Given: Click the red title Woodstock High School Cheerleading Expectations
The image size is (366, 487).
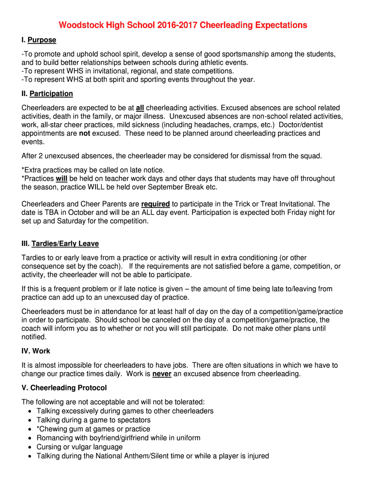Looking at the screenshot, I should tap(183, 25).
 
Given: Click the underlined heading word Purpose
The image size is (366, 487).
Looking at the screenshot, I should tap(42, 40).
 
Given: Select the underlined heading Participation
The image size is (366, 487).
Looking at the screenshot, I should tap(51, 94).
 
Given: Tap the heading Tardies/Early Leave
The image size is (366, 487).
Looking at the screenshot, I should tap(65, 243).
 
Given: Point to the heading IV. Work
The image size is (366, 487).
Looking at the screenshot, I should tap(36, 351).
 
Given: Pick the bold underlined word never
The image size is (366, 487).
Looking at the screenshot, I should tap(162, 374).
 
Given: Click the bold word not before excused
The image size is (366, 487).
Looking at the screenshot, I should tap(85, 134).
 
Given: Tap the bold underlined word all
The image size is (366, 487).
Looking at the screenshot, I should tap(140, 108).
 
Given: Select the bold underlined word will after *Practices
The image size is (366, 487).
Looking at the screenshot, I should tap(62, 178).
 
